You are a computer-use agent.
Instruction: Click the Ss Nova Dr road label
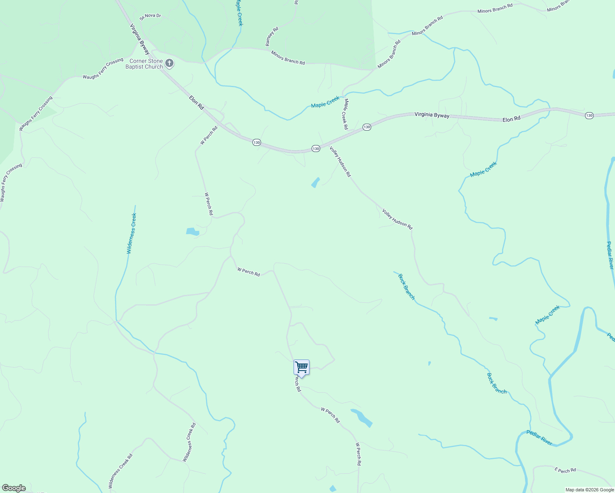coord(150,16)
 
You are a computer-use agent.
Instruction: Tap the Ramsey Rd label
coord(272,36)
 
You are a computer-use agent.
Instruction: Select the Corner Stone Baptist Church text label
coord(144,64)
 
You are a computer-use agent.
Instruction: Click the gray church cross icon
coord(169,63)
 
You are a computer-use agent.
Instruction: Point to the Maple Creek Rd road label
coord(346,114)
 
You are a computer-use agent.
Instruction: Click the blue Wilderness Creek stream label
coord(131,233)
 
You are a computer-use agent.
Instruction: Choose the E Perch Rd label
coord(565,470)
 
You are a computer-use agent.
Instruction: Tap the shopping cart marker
coord(301,367)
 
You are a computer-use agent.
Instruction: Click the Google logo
coord(14,488)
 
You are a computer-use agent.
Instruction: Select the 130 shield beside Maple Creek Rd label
coord(367,127)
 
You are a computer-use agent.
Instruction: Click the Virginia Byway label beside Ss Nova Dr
coord(140,39)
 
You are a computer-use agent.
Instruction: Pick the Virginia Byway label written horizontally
coord(432,115)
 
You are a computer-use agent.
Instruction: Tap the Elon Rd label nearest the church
coord(197,102)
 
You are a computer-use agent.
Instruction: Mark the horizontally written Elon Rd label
coord(511,119)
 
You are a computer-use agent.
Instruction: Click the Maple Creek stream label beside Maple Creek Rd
coord(325,102)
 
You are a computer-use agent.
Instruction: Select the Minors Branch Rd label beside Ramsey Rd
coord(288,58)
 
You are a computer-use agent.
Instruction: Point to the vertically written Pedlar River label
coord(610,255)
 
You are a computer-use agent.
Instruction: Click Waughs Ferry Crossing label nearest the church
coord(103,69)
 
